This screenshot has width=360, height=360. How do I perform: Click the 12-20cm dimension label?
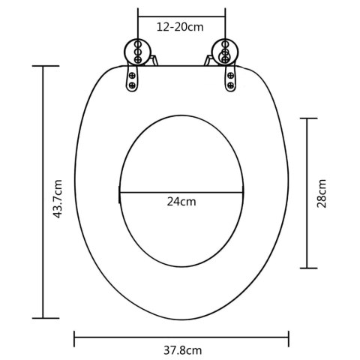click(180, 27)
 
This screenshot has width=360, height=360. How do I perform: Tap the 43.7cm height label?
click(58, 199)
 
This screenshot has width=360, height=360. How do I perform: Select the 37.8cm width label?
click(183, 350)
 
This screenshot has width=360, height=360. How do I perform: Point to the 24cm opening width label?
click(181, 202)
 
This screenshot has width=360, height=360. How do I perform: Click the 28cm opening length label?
click(322, 193)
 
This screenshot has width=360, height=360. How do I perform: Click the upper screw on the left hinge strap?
click(132, 75)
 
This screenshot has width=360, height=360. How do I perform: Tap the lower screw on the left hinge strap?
click(132, 85)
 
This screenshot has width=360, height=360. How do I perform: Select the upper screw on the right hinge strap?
click(230, 75)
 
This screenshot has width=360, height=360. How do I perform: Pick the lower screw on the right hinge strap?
click(231, 85)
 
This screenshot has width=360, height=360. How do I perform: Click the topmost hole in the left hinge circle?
click(138, 44)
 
